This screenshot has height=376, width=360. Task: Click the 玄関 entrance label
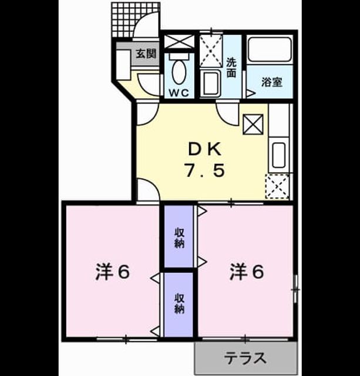click(x=146, y=53)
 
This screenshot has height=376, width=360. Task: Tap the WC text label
click(x=179, y=93)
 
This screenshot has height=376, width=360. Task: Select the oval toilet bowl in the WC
click(x=179, y=72)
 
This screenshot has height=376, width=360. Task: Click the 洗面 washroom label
click(x=231, y=68)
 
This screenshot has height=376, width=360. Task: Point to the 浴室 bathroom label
click(x=271, y=82)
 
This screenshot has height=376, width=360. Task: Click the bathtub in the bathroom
click(x=270, y=49)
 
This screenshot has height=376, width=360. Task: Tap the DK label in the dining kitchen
click(x=205, y=149)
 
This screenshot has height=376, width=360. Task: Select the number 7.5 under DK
click(x=204, y=170)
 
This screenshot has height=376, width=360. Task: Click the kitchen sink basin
click(x=279, y=155)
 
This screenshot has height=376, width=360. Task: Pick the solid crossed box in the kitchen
click(x=253, y=124)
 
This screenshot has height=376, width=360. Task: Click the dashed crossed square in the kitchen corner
click(x=277, y=187)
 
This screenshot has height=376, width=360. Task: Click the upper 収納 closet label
click(x=179, y=238)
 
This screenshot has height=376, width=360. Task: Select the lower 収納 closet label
click(x=179, y=304)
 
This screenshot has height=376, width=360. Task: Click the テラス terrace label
click(x=245, y=358)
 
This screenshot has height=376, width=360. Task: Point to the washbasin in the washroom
click(x=210, y=83)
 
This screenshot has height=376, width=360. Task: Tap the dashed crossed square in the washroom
click(x=211, y=51)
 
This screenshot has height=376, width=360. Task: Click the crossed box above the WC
click(x=179, y=42)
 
